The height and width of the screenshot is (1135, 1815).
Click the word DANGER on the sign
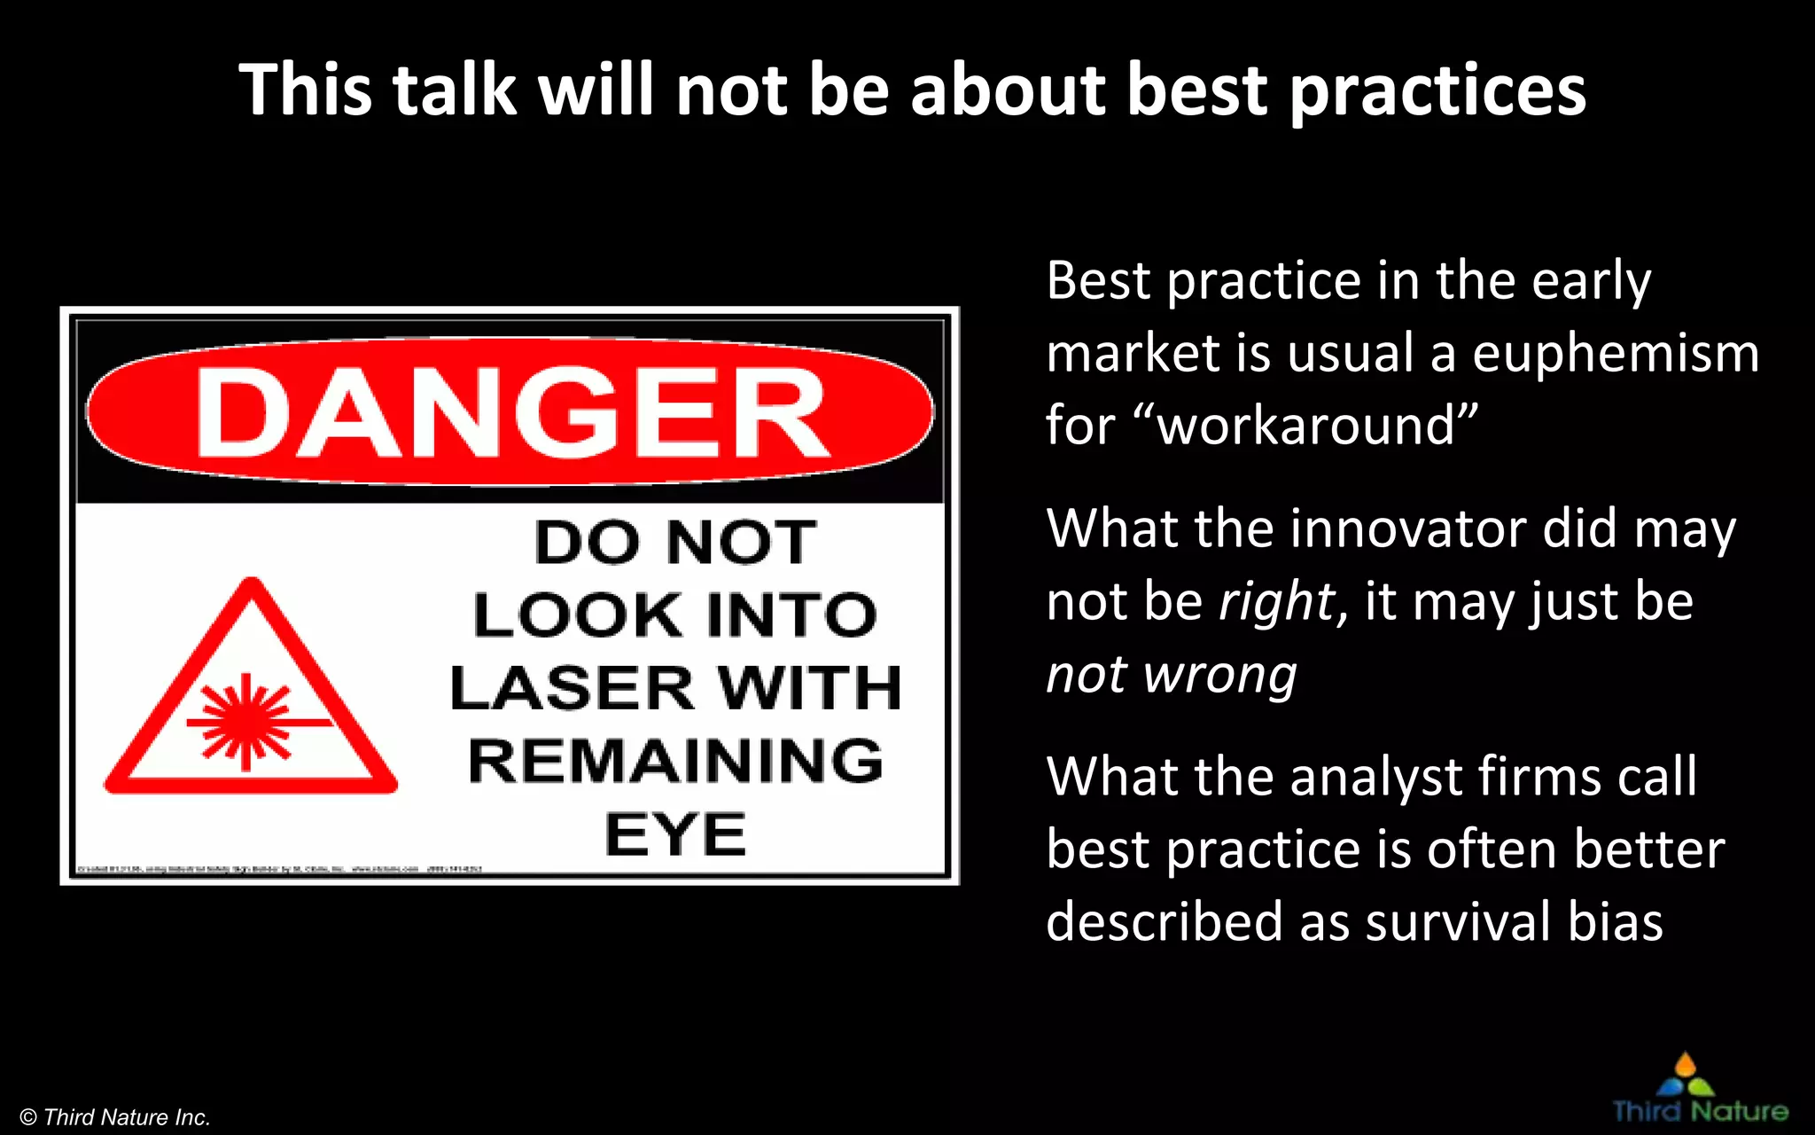(x=511, y=413)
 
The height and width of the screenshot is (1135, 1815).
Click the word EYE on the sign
(x=675, y=834)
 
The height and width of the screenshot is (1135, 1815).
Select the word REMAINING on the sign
(x=675, y=761)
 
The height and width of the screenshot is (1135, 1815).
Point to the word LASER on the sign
(x=571, y=688)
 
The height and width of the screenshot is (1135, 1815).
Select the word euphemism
(x=1616, y=353)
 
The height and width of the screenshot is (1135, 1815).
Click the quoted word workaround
(x=1306, y=425)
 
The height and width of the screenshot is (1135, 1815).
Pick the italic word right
(x=1277, y=603)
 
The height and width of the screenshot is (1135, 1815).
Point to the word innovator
(x=1408, y=528)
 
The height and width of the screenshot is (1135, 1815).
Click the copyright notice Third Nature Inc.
(x=115, y=1117)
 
